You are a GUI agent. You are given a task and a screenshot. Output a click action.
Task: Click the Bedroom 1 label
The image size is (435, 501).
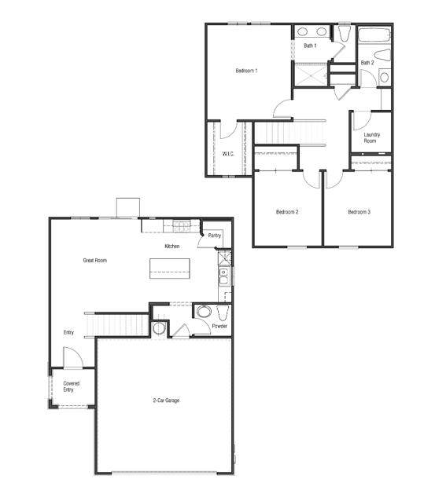[246, 71]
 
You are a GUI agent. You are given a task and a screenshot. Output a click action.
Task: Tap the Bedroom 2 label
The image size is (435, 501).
[286, 212]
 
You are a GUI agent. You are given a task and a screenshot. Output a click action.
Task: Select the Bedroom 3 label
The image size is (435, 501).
[359, 212]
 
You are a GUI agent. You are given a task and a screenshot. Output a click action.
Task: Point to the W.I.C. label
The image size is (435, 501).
[229, 153]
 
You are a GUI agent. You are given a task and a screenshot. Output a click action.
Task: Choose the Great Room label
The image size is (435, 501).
[95, 260]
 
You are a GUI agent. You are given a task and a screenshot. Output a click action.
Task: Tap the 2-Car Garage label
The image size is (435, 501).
[166, 400]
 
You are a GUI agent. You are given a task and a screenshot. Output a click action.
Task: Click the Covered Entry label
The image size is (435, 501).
[72, 386]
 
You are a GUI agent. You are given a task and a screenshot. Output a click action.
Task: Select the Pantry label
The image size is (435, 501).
[214, 236]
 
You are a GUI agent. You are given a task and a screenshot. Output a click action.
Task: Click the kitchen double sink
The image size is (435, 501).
[223, 276]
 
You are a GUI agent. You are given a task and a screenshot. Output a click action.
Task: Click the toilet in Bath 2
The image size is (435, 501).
[382, 57]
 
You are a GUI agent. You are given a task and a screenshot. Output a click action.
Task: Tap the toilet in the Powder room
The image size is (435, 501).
[204, 312]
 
